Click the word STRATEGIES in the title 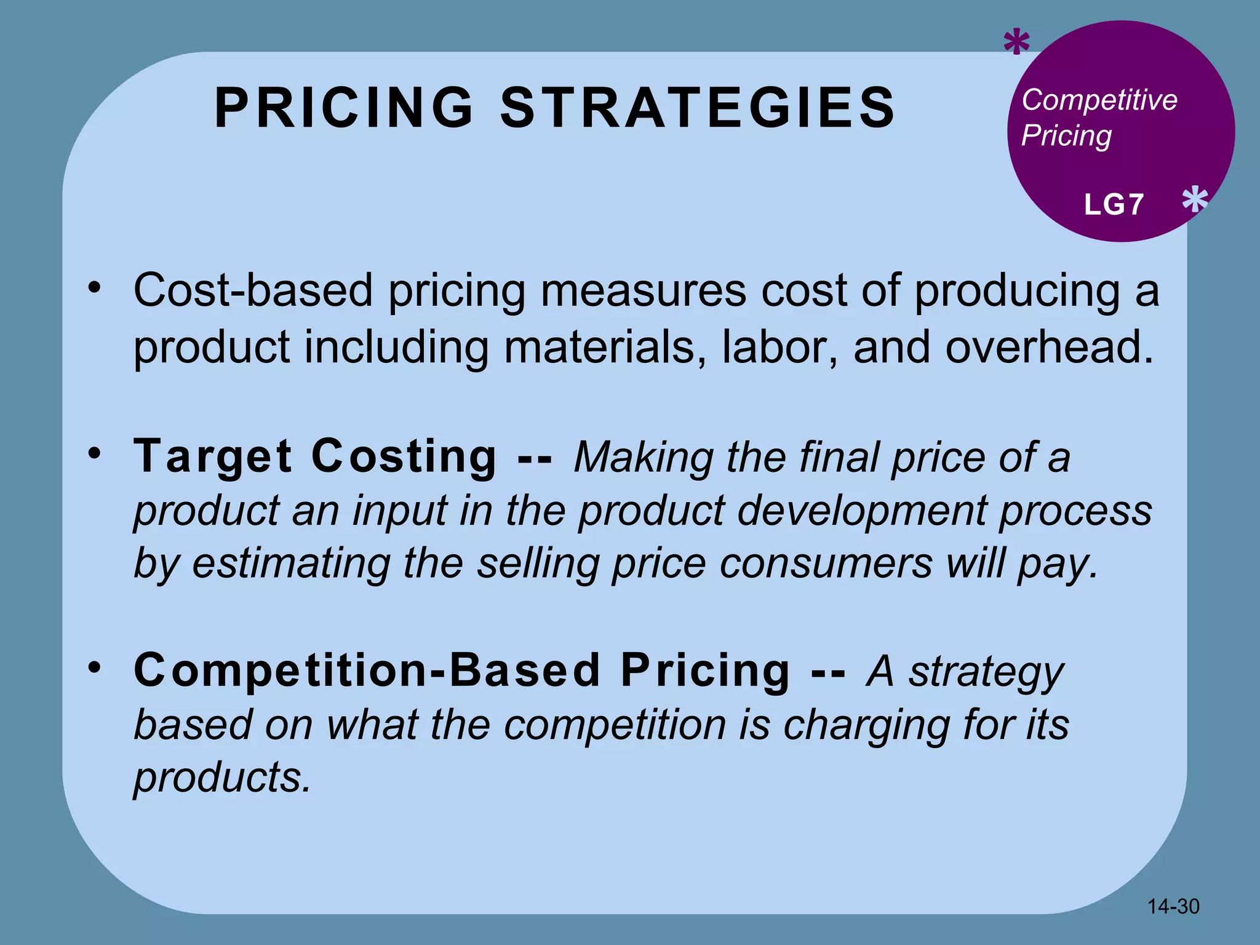698,108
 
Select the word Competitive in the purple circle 1099,100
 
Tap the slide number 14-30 1173,906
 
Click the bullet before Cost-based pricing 94,287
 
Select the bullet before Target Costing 94,453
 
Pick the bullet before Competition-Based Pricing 94,667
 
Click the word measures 643,290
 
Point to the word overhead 1049,347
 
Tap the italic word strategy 986,672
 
